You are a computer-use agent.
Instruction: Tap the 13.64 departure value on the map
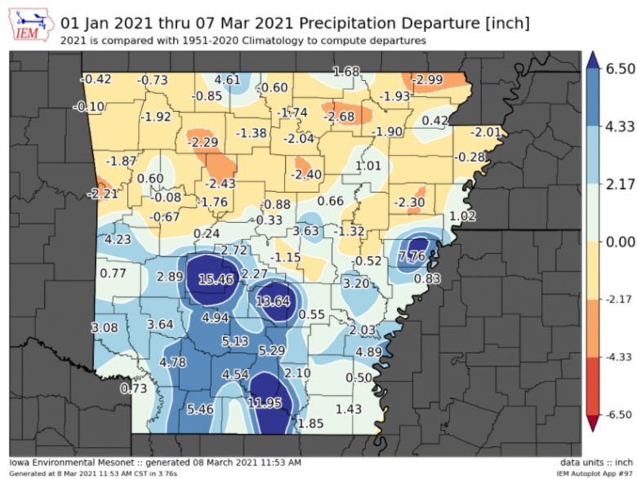click(x=273, y=301)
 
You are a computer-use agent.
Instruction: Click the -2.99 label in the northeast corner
click(x=427, y=79)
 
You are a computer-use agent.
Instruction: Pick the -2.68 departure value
click(x=339, y=118)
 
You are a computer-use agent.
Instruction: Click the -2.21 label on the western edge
click(x=104, y=194)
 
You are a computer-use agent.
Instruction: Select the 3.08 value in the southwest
click(x=105, y=328)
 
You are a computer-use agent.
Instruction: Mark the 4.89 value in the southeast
click(x=369, y=353)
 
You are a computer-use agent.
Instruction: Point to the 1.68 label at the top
click(x=346, y=72)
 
